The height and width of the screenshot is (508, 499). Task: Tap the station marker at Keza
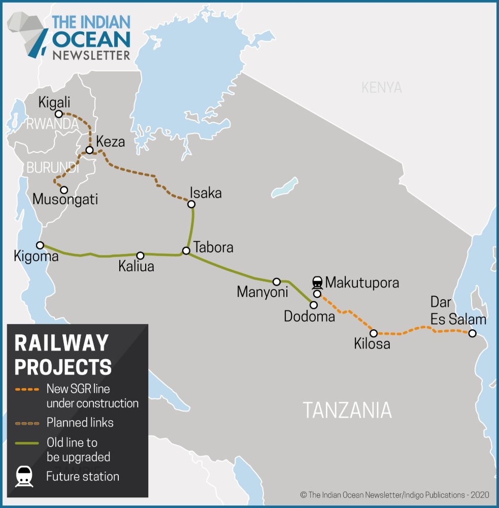(x=89, y=150)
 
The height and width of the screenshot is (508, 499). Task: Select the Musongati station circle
(x=64, y=189)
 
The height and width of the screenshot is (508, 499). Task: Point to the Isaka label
(x=206, y=193)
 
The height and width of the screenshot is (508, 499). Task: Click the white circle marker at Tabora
(x=186, y=250)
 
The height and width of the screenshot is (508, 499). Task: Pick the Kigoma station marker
(x=40, y=245)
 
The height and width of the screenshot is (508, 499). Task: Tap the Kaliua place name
(x=136, y=266)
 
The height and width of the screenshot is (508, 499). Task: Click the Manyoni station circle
(x=277, y=281)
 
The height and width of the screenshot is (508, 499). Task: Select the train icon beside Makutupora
(x=318, y=282)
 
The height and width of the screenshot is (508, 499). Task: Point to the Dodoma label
(x=310, y=317)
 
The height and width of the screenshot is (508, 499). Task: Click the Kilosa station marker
(x=374, y=333)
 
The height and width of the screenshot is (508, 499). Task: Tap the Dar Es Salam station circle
(x=472, y=333)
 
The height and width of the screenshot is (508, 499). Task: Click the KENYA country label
(x=381, y=88)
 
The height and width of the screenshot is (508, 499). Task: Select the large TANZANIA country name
(x=347, y=410)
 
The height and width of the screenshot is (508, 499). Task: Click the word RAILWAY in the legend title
(x=61, y=343)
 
